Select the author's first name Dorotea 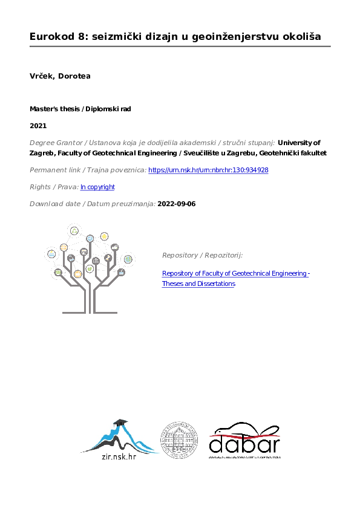point(75,76)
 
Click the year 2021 point(38,126)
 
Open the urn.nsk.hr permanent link point(208,170)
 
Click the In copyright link point(97,187)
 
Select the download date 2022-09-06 point(176,204)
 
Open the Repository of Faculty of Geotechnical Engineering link point(236,274)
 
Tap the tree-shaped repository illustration point(89,268)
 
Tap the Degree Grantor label point(64,143)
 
